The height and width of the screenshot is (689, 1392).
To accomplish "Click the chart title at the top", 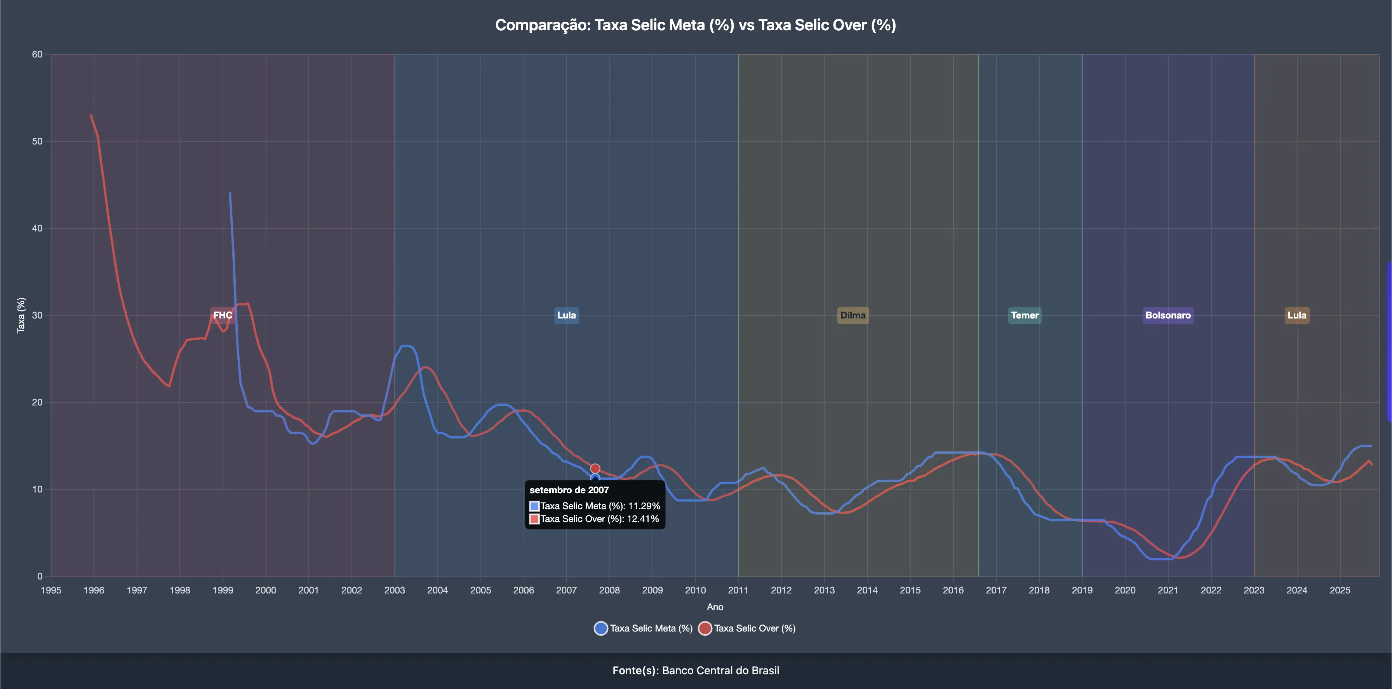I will pyautogui.click(x=696, y=25).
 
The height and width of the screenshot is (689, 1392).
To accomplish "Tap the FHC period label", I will pyautogui.click(x=223, y=315).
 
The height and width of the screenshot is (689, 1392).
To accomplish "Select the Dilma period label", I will pyautogui.click(x=853, y=315).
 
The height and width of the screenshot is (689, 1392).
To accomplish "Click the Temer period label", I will pyautogui.click(x=1025, y=315).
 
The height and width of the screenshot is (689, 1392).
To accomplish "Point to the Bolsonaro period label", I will pyautogui.click(x=1168, y=315).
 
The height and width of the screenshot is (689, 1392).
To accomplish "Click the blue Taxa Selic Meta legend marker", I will pyautogui.click(x=600, y=628).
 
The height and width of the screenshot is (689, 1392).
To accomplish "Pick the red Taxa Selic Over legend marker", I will pyautogui.click(x=705, y=628).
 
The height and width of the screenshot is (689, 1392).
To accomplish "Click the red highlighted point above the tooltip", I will pyautogui.click(x=595, y=468).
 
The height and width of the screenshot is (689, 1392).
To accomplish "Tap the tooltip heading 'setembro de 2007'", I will pyautogui.click(x=569, y=490).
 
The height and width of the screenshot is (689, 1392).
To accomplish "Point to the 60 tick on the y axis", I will pyautogui.click(x=37, y=55).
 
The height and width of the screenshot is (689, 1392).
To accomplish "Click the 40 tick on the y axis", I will pyautogui.click(x=37, y=229).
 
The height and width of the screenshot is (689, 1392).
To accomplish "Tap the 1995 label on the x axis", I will pyautogui.click(x=51, y=590).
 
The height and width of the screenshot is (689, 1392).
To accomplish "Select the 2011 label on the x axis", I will pyautogui.click(x=738, y=590).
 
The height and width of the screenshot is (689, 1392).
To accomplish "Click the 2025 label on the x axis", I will pyautogui.click(x=1340, y=590).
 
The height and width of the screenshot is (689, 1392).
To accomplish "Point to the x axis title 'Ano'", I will pyautogui.click(x=715, y=607).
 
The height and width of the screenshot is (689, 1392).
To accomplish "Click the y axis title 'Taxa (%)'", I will pyautogui.click(x=21, y=315).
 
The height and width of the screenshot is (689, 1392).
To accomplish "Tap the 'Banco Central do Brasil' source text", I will pyautogui.click(x=720, y=671).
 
